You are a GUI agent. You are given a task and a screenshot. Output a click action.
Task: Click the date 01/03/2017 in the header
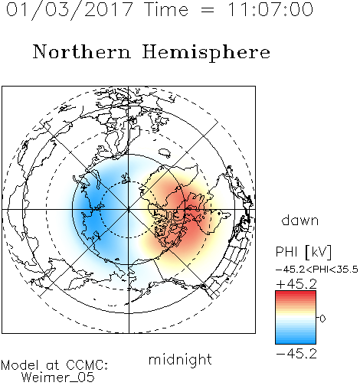click(x=69, y=10)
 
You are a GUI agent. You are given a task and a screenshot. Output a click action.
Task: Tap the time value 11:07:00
click(x=270, y=9)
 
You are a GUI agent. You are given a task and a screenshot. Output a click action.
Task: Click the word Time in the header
click(x=166, y=9)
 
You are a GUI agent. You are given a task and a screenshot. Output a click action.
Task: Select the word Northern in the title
click(x=82, y=52)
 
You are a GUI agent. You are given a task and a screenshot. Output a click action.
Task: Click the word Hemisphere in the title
click(x=206, y=53)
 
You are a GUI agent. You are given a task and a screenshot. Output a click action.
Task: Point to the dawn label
click(x=300, y=220)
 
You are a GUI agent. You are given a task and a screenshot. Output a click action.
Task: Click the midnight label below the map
click(x=180, y=360)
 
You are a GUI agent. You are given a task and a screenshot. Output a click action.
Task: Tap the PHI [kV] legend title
click(x=303, y=252)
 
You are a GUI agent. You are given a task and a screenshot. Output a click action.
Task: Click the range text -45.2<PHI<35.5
click(x=317, y=270)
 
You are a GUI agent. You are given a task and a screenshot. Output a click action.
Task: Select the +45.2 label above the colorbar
click(x=296, y=284)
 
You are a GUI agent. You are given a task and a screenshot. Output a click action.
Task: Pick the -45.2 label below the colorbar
click(x=296, y=354)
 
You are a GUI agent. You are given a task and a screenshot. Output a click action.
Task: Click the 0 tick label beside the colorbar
click(x=322, y=319)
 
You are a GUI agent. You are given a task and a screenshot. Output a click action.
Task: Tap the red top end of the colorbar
click(x=296, y=293)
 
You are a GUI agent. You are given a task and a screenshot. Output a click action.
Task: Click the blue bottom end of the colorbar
click(x=296, y=342)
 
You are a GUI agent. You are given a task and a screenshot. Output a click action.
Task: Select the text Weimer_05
click(x=57, y=378)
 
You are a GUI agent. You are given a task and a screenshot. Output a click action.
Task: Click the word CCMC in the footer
click(x=87, y=365)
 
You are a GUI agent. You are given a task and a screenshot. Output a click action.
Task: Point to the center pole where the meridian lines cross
click(x=129, y=210)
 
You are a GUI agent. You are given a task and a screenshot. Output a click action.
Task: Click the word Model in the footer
click(x=20, y=365)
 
